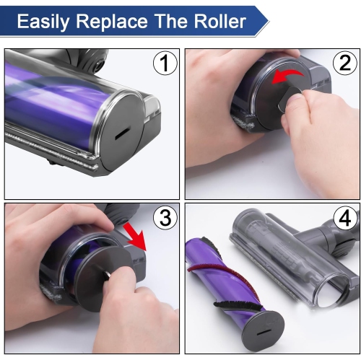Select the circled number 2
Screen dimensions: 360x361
tap(343, 64)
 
